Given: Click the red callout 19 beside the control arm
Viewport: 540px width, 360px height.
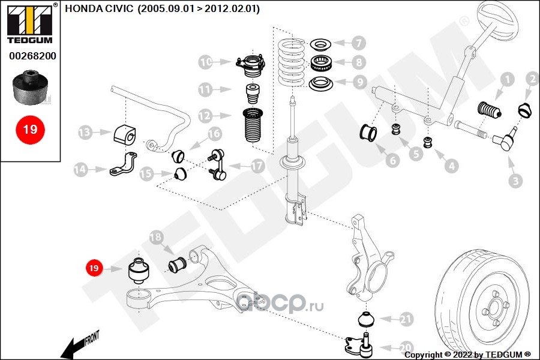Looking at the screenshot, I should click(94, 268).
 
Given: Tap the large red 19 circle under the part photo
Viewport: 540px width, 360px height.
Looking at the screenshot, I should click(30, 130).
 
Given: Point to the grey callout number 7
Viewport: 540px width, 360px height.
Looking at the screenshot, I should click(358, 43).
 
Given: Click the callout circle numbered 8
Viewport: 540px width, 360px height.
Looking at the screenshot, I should click(358, 62).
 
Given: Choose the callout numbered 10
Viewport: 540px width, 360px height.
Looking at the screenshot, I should click(205, 62).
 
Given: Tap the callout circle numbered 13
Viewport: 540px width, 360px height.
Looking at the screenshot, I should click(85, 132).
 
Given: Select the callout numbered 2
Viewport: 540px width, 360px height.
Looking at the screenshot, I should click(532, 79).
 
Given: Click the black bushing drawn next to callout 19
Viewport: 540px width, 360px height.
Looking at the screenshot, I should click(139, 273).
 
